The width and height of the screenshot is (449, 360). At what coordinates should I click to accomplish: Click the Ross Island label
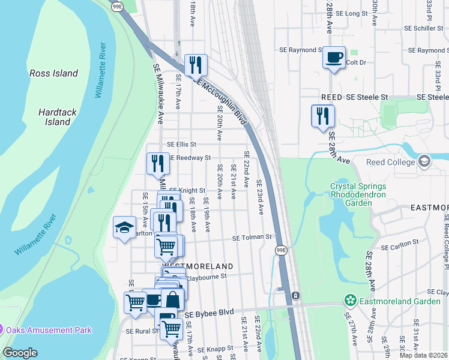(x=53, y=73)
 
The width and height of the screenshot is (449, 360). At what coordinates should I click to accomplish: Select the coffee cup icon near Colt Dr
(x=334, y=58)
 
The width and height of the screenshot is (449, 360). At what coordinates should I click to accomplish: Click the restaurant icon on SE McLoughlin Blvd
(x=196, y=64)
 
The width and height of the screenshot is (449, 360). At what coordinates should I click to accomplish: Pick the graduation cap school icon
(x=125, y=227)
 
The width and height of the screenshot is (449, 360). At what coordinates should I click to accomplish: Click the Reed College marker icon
(x=424, y=161)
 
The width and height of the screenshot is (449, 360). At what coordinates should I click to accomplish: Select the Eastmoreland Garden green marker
(x=350, y=299)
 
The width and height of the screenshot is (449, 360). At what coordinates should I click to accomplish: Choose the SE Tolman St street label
(x=253, y=238)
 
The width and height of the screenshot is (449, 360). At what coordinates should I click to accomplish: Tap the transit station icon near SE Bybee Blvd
(x=295, y=296)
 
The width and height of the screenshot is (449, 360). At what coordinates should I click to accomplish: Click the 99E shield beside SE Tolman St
(x=281, y=249)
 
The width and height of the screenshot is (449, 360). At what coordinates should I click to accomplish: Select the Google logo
(x=20, y=353)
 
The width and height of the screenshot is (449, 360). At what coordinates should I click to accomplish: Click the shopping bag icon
(x=172, y=299)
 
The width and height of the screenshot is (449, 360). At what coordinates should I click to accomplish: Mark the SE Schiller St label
(x=423, y=28)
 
